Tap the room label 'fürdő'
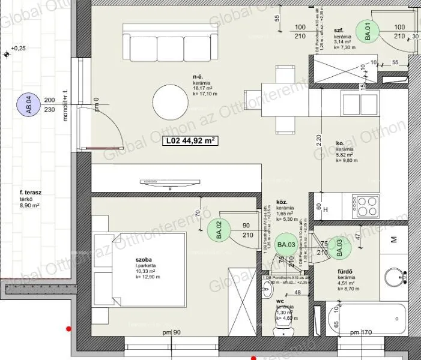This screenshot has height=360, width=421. [x=345, y=271]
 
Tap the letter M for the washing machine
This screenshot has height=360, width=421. [x=394, y=240]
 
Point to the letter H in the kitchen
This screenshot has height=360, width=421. [x=326, y=210]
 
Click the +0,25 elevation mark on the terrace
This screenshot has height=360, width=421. [x=18, y=48]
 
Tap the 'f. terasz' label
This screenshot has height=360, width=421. [x=30, y=193]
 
